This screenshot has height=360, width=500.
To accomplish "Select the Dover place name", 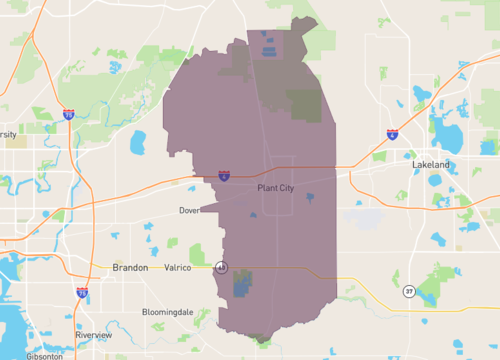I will (190, 211).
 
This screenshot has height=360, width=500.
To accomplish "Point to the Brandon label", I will (130, 268).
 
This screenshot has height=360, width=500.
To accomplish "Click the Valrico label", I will (176, 268).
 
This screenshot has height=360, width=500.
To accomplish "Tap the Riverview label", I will (107, 335).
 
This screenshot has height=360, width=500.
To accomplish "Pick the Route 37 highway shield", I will (409, 291).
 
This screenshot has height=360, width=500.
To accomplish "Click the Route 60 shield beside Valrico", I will (220, 267).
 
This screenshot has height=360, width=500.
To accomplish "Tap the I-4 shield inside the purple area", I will (224, 175).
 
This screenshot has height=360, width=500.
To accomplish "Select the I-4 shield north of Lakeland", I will (391, 133).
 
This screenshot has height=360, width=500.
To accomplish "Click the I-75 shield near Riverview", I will (81, 293).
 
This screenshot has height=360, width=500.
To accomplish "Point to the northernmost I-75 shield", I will (68, 115).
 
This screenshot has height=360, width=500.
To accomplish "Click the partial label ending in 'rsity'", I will (8, 134).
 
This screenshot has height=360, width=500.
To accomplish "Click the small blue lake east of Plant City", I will (310, 198).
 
